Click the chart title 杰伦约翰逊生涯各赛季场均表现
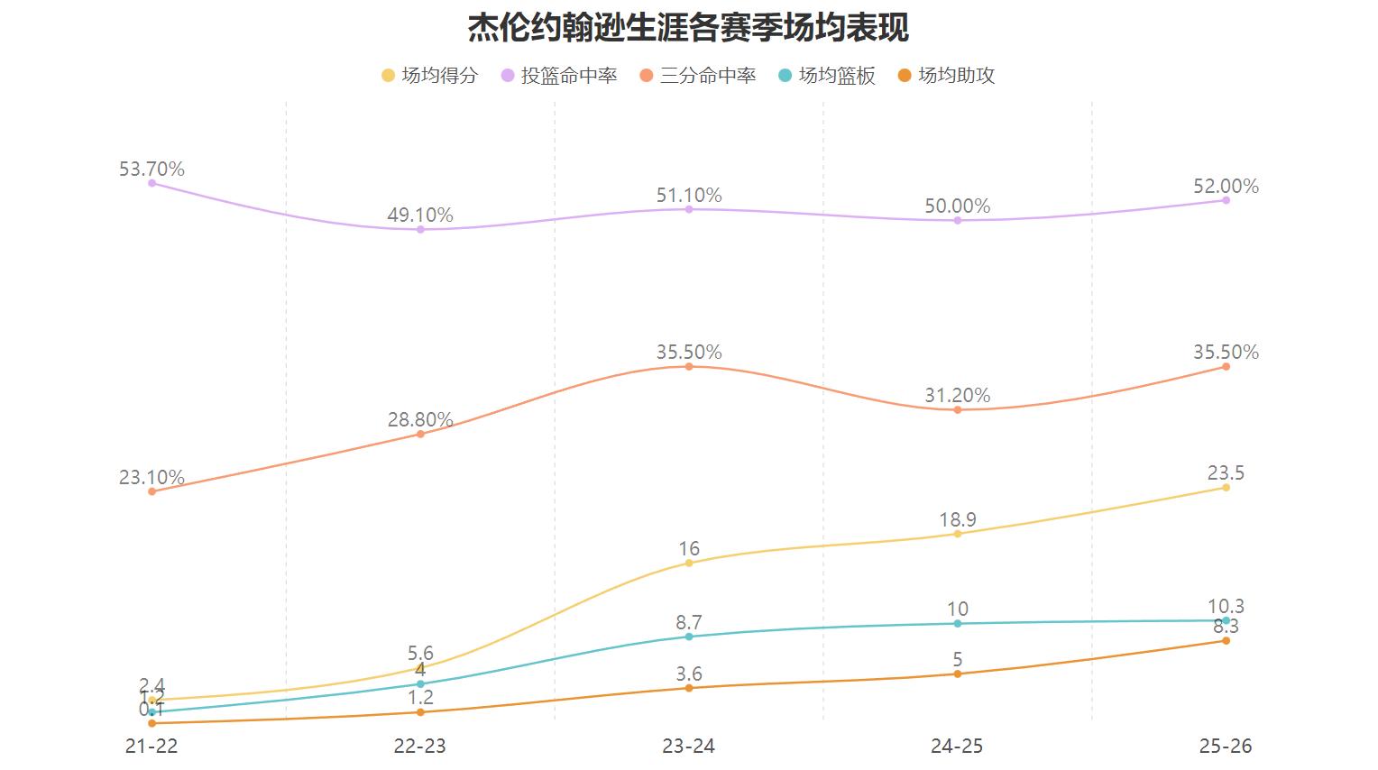pos(688,28)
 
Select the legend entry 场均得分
pos(429,76)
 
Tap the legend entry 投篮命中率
pos(559,76)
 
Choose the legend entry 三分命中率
pos(697,76)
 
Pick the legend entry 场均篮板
pos(826,76)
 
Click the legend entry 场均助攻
pos(946,76)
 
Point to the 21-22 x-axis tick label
pos(152,746)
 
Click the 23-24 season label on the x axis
pos(689,746)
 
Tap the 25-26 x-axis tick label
pos(1226,746)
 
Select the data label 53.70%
pos(152,169)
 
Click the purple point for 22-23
pos(420,230)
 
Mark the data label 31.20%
pos(958,395)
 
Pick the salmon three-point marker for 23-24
pos(689,367)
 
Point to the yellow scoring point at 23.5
pos(1226,488)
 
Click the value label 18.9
pos(958,519)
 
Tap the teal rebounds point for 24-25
pos(958,624)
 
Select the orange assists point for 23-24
pos(689,688)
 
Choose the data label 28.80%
pos(420,419)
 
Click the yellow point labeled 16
pos(689,563)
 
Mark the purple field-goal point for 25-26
pos(1226,200)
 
